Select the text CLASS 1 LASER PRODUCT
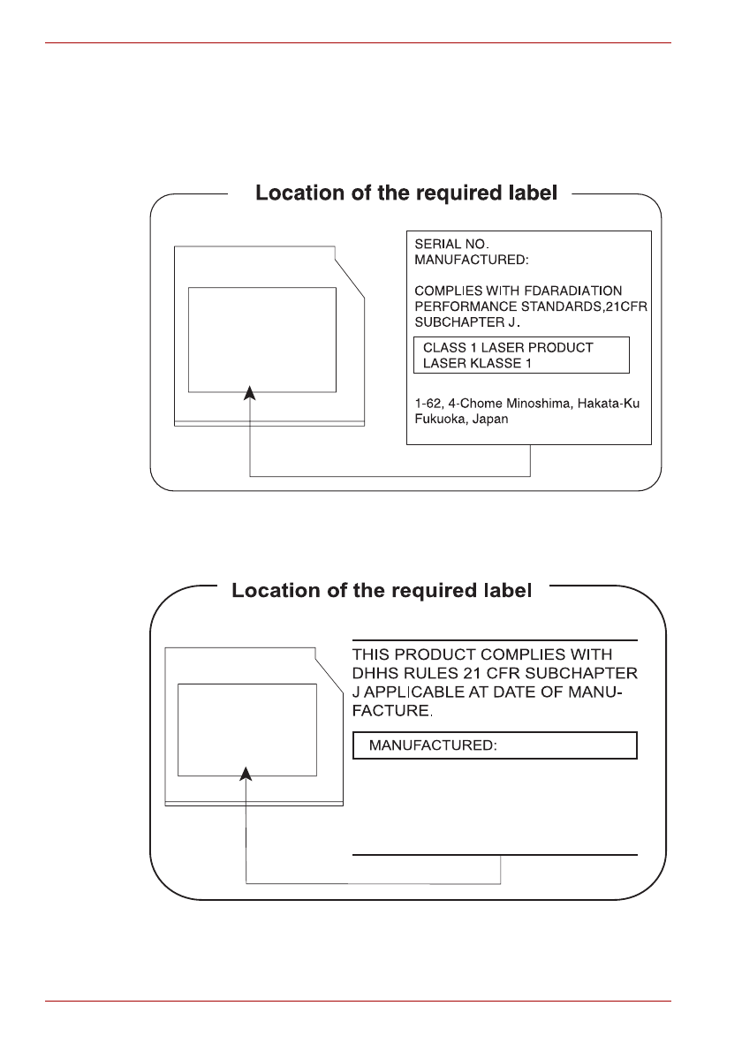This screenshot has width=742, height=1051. click(508, 348)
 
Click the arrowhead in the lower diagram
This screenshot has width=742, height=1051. click(246, 774)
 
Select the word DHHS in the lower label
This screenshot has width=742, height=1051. click(377, 673)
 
